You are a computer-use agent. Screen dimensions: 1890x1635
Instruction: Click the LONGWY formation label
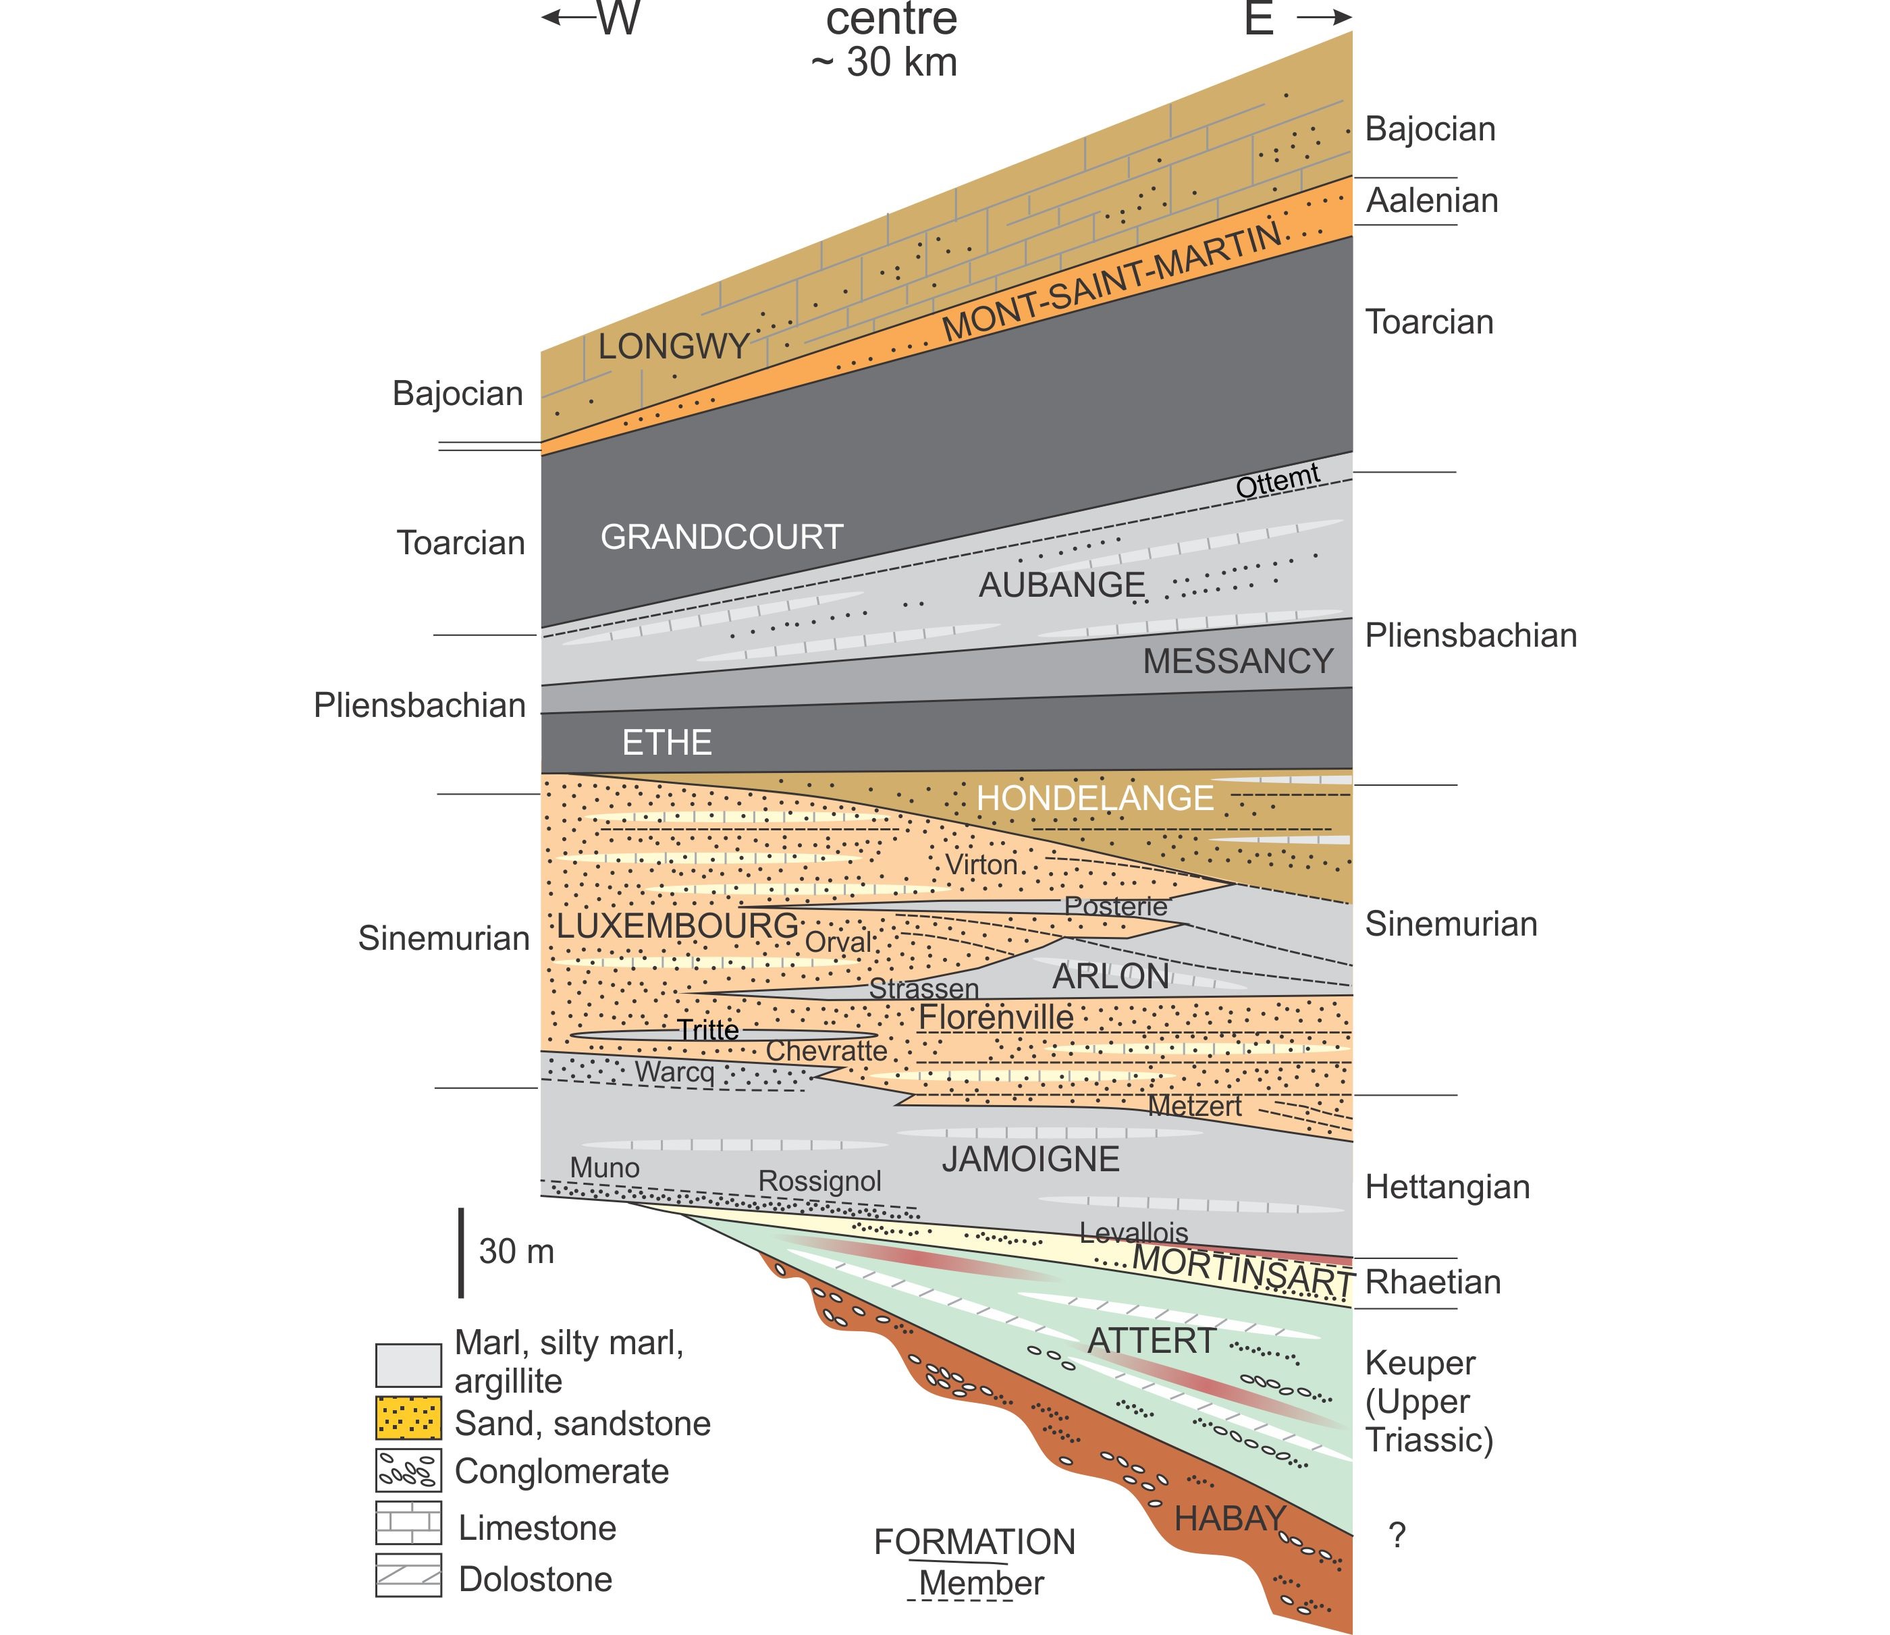(x=673, y=347)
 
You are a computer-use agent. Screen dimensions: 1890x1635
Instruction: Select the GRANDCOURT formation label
(x=722, y=537)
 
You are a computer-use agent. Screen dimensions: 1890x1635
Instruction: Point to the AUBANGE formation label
(x=1062, y=585)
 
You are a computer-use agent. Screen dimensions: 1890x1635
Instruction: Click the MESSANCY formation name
(x=1238, y=661)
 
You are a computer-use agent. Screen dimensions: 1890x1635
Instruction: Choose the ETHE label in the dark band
(x=667, y=742)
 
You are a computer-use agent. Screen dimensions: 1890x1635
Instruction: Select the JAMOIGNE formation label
(x=1031, y=1158)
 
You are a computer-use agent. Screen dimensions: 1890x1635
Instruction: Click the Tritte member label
(x=708, y=1030)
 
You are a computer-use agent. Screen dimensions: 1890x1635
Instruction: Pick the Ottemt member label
(x=1278, y=480)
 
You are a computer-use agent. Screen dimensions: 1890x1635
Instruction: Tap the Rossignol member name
(x=819, y=1181)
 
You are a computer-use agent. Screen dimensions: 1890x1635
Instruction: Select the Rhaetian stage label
(x=1433, y=1282)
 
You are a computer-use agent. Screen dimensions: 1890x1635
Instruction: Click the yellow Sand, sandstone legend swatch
(x=408, y=1418)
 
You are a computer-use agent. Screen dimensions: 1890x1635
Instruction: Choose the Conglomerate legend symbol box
(x=408, y=1470)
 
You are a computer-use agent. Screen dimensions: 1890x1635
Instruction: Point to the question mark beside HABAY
(x=1397, y=1536)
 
